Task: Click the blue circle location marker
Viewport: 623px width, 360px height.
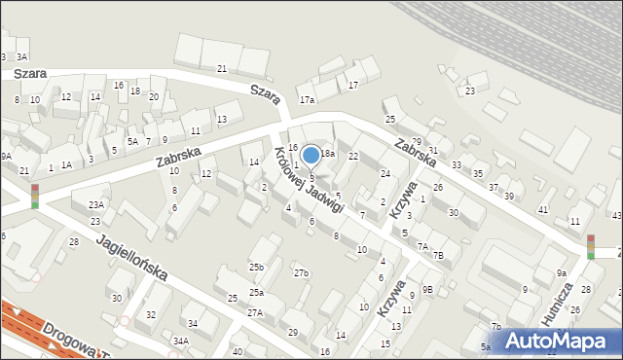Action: tap(311, 154)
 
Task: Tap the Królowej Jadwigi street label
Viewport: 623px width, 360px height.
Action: tap(309, 180)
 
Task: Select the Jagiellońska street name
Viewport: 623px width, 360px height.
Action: tap(132, 257)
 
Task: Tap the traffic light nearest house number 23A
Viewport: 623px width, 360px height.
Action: tap(35, 196)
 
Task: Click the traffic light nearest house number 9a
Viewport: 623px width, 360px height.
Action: tap(590, 247)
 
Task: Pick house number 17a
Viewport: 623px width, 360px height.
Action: tap(308, 100)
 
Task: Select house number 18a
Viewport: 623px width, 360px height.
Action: tap(328, 154)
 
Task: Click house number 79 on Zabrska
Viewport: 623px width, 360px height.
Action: tap(416, 142)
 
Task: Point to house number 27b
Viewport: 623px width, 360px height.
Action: tap(301, 272)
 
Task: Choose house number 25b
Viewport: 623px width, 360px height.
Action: tap(256, 267)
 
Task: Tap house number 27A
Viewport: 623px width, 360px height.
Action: tap(255, 312)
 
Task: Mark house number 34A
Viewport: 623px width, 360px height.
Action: tap(181, 341)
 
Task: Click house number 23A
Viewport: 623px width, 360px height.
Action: tap(95, 204)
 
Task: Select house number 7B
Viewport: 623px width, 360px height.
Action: tap(438, 256)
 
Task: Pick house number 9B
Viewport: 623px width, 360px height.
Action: tap(427, 289)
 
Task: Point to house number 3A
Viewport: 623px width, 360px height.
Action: tap(21, 57)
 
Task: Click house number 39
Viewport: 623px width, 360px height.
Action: tap(508, 196)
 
